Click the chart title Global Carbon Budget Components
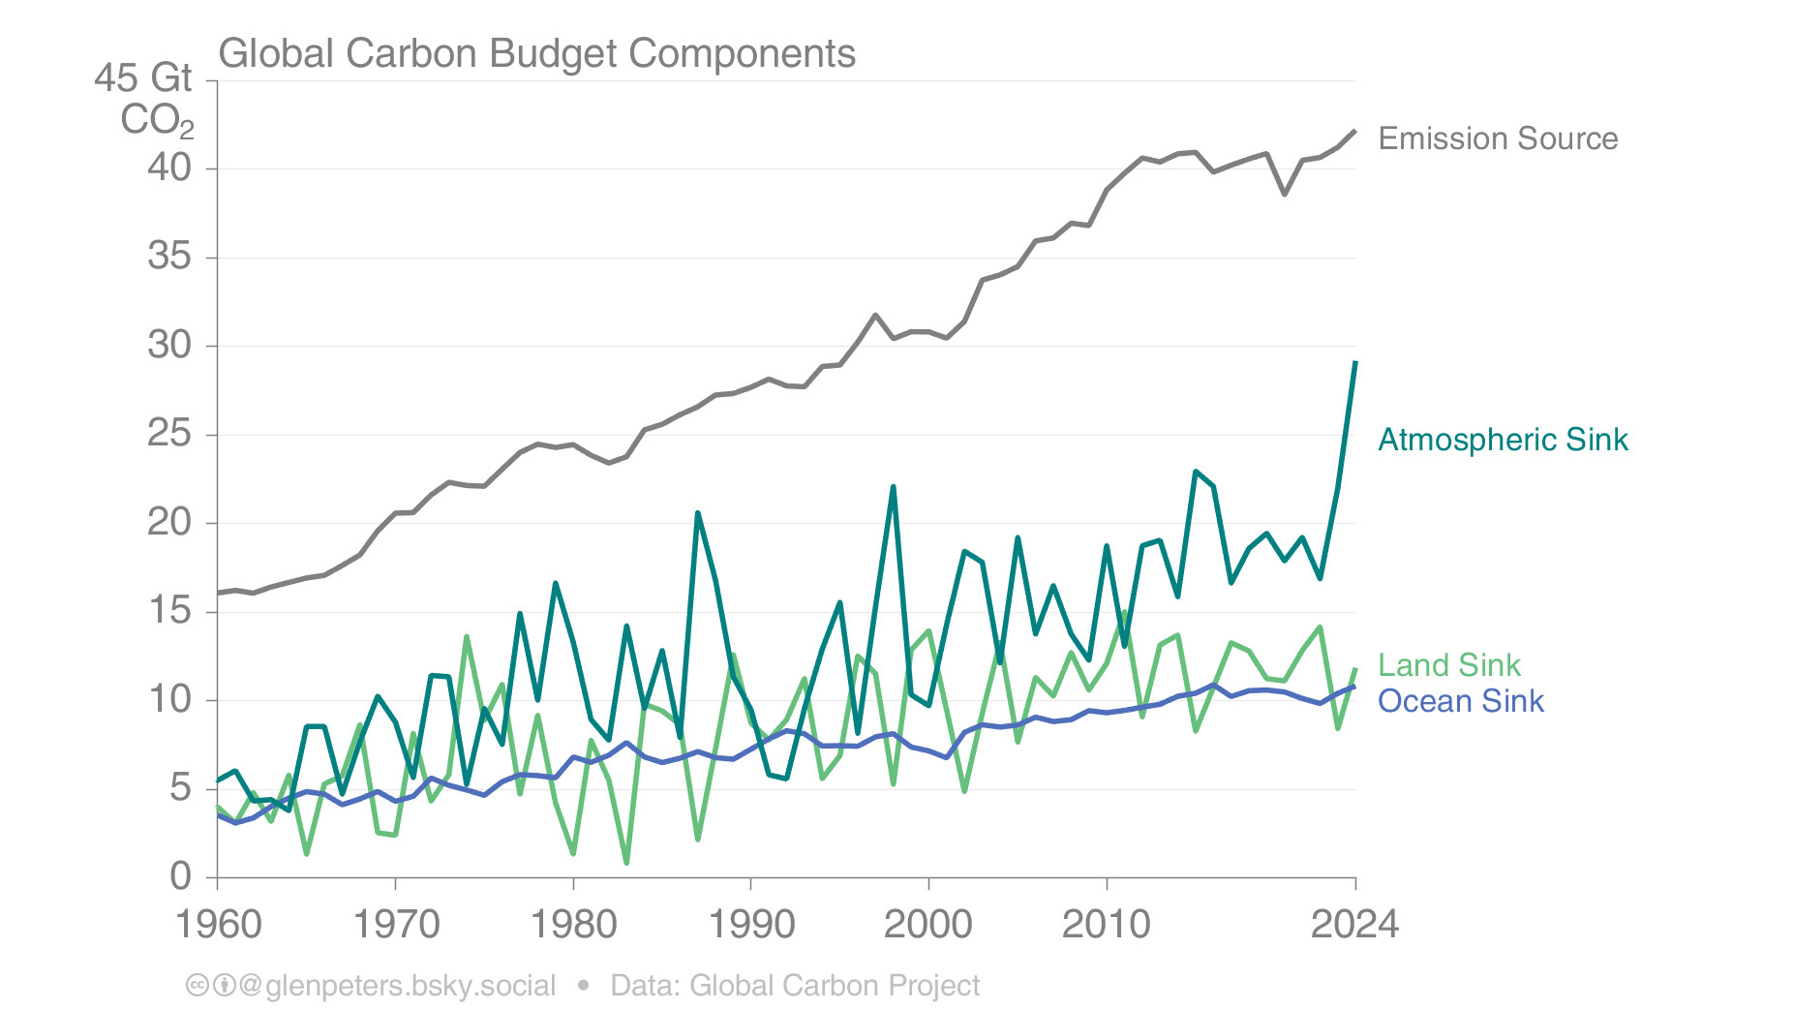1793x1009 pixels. click(x=536, y=54)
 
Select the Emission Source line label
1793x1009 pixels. click(x=1497, y=138)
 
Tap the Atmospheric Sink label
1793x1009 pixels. click(x=1502, y=440)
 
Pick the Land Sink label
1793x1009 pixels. click(x=1448, y=665)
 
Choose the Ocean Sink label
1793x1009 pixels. click(x=1460, y=701)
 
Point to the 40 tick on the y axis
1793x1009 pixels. click(x=169, y=168)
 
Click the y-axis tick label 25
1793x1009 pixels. click(x=169, y=434)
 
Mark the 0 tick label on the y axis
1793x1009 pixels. click(x=181, y=876)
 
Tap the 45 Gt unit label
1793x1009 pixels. click(x=143, y=78)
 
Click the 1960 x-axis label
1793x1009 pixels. click(x=218, y=925)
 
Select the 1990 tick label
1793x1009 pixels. click(x=751, y=925)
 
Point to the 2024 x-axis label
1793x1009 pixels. click(x=1354, y=925)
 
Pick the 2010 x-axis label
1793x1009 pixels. click(x=1107, y=925)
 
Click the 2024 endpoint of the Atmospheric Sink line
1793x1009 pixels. click(x=1355, y=362)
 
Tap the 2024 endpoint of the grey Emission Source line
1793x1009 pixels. click(x=1355, y=131)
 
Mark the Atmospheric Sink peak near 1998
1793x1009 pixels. click(x=893, y=487)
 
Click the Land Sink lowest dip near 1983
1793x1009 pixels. click(x=626, y=862)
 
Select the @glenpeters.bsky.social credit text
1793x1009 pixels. click(x=397, y=986)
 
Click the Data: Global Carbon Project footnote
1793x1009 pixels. click(x=795, y=986)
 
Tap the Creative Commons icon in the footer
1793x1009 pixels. click(x=197, y=986)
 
